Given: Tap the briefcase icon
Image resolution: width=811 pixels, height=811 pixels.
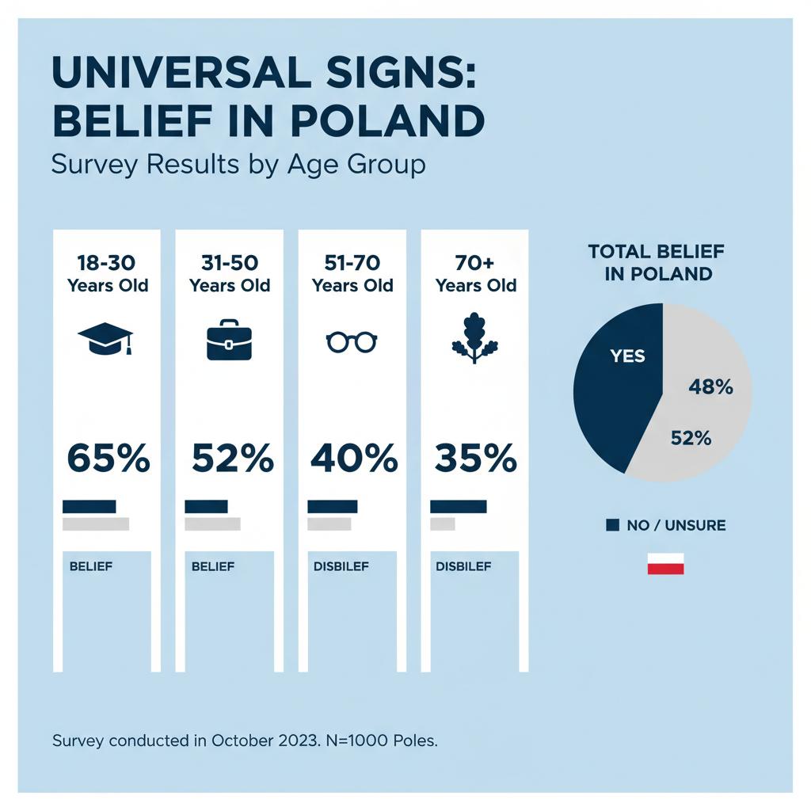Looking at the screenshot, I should pos(229,340).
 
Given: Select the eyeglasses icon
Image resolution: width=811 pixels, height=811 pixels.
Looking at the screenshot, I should pos(352,342).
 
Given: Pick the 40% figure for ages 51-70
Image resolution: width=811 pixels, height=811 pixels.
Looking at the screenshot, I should pos(352,459).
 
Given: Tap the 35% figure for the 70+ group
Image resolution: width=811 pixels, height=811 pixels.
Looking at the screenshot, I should pos(475,459).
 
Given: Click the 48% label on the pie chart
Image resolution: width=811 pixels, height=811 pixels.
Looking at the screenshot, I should pos(711,387).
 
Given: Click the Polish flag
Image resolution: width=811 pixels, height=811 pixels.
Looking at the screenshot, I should pos(665,564).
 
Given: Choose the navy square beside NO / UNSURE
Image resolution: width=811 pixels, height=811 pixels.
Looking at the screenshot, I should pos(612,525).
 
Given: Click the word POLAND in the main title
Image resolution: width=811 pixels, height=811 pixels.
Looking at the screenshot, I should pos(387,121).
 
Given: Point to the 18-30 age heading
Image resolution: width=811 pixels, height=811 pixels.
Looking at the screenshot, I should pos(107,274).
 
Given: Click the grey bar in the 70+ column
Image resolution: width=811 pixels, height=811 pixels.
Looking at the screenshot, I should pos(442,524).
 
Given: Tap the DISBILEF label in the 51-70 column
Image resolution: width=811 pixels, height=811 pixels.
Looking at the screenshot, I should pos(341,566).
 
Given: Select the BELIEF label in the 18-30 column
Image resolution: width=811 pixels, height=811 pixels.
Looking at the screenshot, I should pos(91,566).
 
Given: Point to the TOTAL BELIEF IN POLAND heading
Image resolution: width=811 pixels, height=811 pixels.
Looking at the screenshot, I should pos(656,263).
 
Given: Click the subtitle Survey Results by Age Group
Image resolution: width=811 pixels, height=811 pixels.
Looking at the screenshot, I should pos(238,165).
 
